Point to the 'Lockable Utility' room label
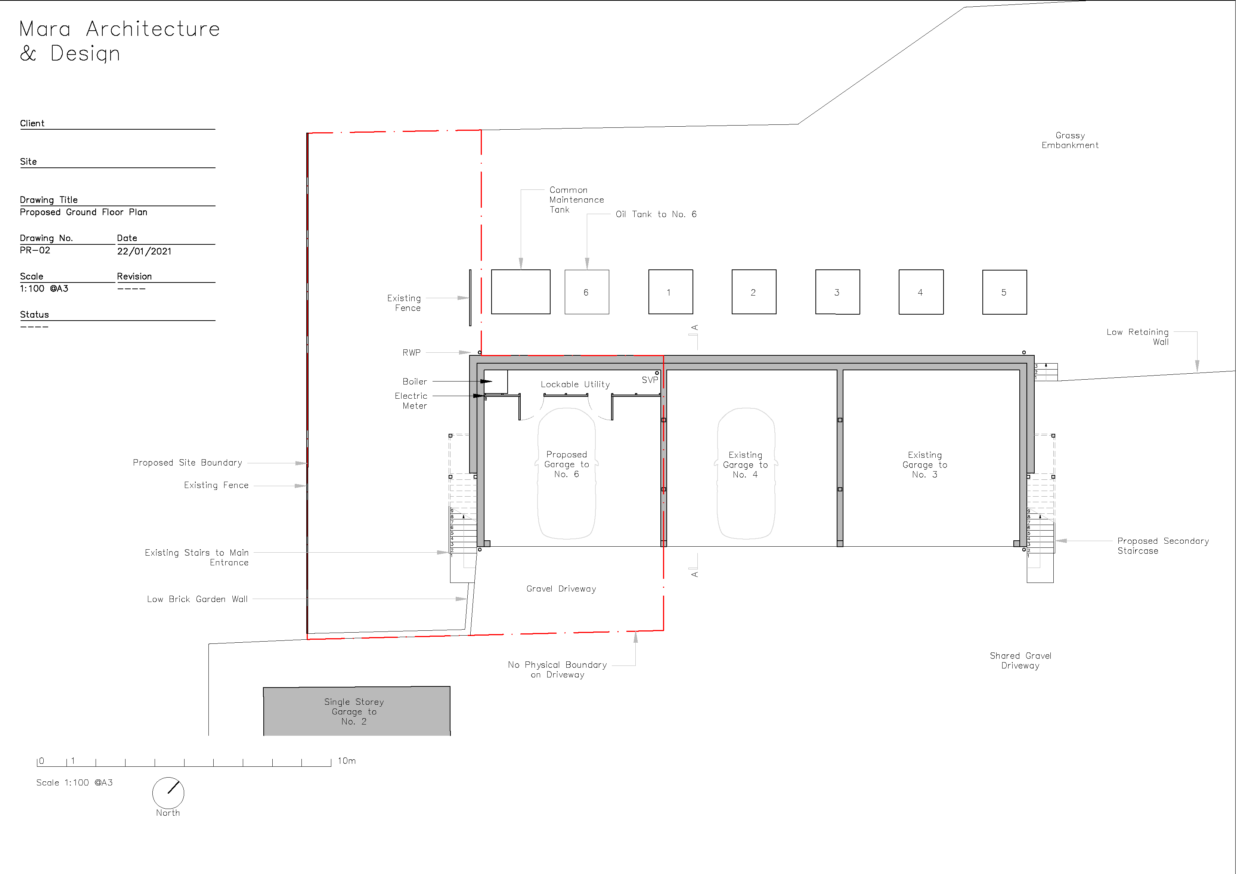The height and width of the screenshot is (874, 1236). [x=575, y=385]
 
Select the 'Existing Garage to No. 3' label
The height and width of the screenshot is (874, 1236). [x=925, y=465]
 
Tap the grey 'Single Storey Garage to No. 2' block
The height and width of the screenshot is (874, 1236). [x=356, y=711]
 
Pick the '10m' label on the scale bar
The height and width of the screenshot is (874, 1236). [x=347, y=761]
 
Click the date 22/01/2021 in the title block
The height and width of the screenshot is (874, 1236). [x=144, y=251]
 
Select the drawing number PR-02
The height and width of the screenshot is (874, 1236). [x=35, y=250]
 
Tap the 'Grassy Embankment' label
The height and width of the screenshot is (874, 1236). [x=1070, y=140]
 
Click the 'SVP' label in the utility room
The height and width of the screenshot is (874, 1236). [x=650, y=380]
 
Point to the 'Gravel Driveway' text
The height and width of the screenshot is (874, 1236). [x=561, y=589]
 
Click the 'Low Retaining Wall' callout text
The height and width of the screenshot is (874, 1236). [x=1137, y=337]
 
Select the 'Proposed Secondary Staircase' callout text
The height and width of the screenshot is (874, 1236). [x=1163, y=546]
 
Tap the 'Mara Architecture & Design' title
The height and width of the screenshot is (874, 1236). [x=120, y=41]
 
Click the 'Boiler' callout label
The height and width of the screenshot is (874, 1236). [x=415, y=381]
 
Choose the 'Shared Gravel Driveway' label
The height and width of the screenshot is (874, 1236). [x=1020, y=660]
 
